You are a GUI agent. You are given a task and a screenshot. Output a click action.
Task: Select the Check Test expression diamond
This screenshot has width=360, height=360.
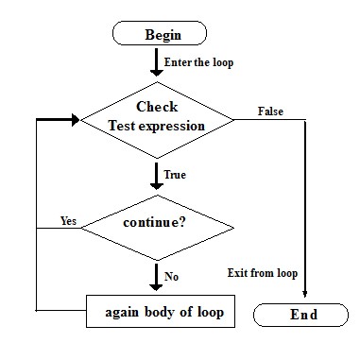[157, 120]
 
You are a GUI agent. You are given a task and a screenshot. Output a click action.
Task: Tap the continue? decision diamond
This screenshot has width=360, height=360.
[157, 225]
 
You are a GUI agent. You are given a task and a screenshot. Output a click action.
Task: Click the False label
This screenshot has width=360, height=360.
[270, 111]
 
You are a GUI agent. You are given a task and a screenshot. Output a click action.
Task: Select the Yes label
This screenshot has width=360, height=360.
[67, 221]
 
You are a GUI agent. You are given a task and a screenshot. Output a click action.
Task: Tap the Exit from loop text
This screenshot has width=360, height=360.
[263, 273]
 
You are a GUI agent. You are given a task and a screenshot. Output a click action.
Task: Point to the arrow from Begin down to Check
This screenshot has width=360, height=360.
[157, 62]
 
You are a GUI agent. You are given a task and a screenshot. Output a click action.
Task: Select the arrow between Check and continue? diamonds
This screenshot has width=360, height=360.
[157, 175]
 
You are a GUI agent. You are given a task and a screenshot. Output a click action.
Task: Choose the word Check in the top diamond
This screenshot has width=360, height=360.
[157, 107]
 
